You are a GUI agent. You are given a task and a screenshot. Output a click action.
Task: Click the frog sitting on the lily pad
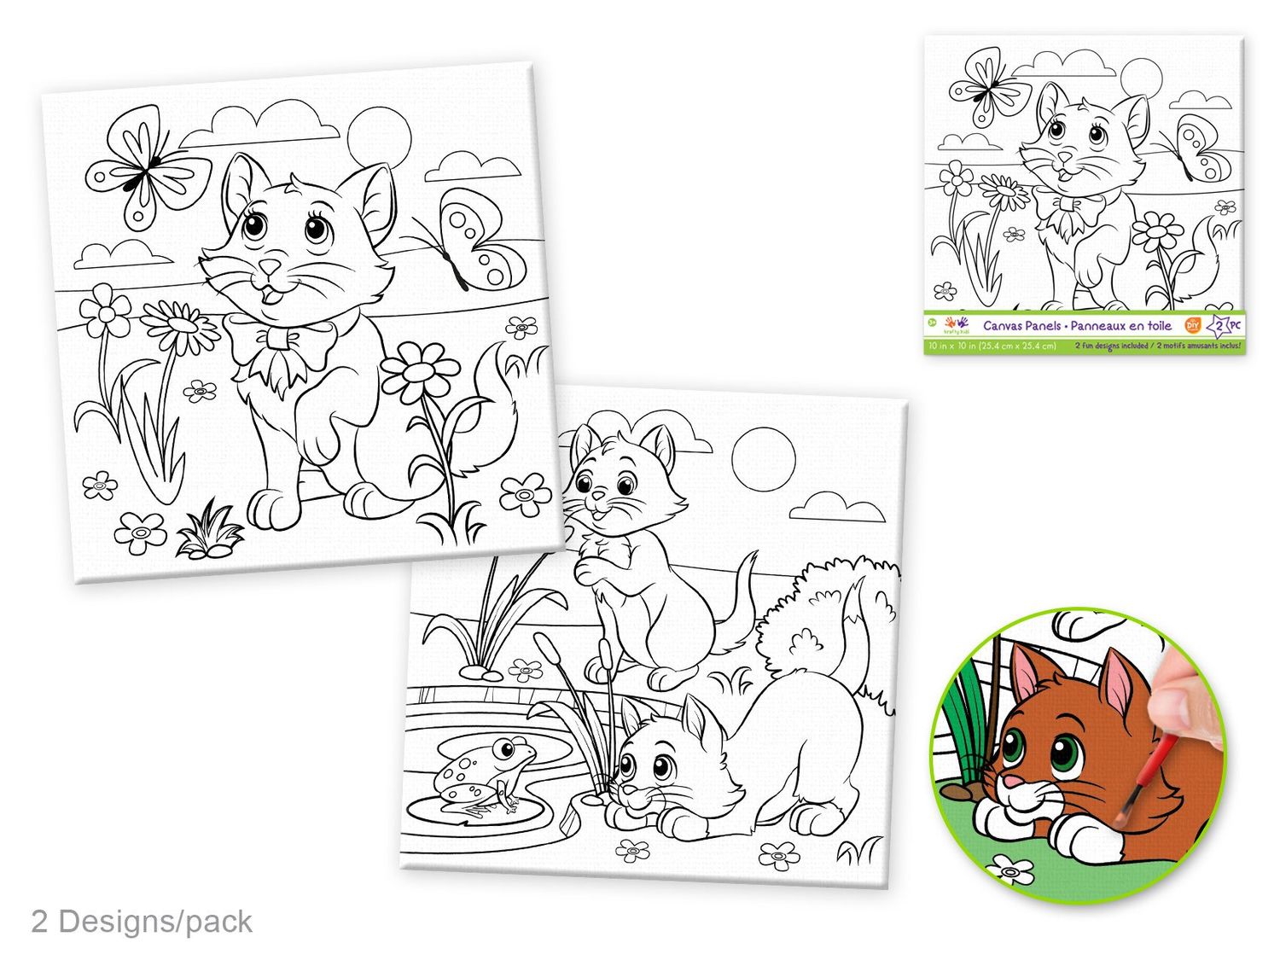click(483, 772)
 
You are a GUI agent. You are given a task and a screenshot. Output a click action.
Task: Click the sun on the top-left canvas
click(379, 136)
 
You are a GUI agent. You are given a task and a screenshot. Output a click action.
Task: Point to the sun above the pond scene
click(764, 458)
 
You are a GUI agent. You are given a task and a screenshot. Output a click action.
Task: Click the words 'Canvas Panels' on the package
click(1021, 326)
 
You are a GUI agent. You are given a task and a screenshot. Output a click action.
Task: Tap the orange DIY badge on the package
click(1193, 324)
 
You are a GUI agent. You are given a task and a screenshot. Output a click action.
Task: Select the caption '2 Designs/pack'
click(142, 922)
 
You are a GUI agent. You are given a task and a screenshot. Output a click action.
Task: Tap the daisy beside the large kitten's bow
click(180, 324)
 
